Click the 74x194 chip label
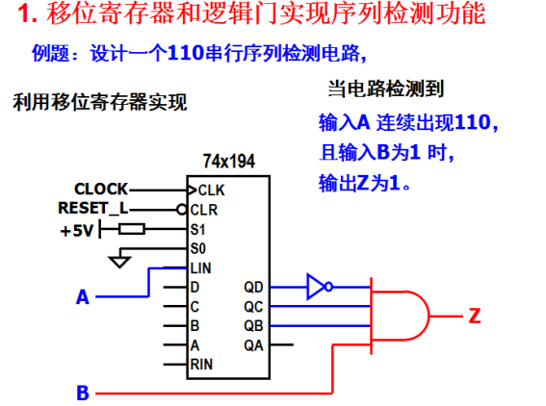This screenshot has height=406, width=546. click(229, 162)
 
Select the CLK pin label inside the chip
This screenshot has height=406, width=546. click(211, 190)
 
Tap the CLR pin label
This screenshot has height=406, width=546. click(204, 210)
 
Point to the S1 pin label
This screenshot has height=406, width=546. click(197, 230)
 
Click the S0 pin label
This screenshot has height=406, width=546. click(198, 249)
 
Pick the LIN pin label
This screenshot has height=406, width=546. click(201, 268)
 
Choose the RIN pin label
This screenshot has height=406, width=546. click(201, 365)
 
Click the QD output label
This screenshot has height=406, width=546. click(253, 287)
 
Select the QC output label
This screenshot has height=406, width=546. click(253, 307)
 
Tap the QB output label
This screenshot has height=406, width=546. click(253, 325)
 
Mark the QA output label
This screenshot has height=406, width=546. click(253, 345)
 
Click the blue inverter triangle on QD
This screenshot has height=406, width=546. click(316, 287)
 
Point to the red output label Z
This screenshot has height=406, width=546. click(475, 316)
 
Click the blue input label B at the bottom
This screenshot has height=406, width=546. click(83, 393)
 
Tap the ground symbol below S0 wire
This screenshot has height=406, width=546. click(119, 262)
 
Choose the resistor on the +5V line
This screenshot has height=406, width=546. click(132, 229)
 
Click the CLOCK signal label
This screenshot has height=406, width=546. click(101, 189)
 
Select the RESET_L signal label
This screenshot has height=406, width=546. click(93, 209)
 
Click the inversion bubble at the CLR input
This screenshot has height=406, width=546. click(182, 210)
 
